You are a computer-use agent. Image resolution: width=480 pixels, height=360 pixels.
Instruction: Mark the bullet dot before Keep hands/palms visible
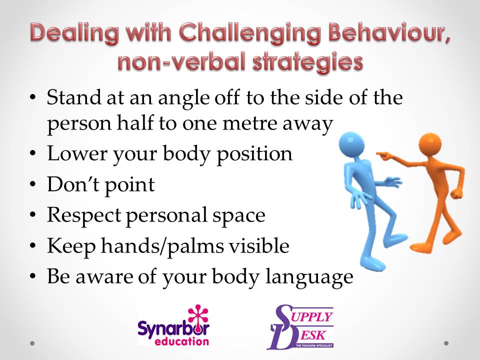33,247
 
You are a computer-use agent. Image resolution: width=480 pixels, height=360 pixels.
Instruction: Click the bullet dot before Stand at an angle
33,97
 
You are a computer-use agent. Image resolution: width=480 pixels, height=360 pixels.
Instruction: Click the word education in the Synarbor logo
188,341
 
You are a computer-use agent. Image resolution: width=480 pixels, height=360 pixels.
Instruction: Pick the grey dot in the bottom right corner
446,343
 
